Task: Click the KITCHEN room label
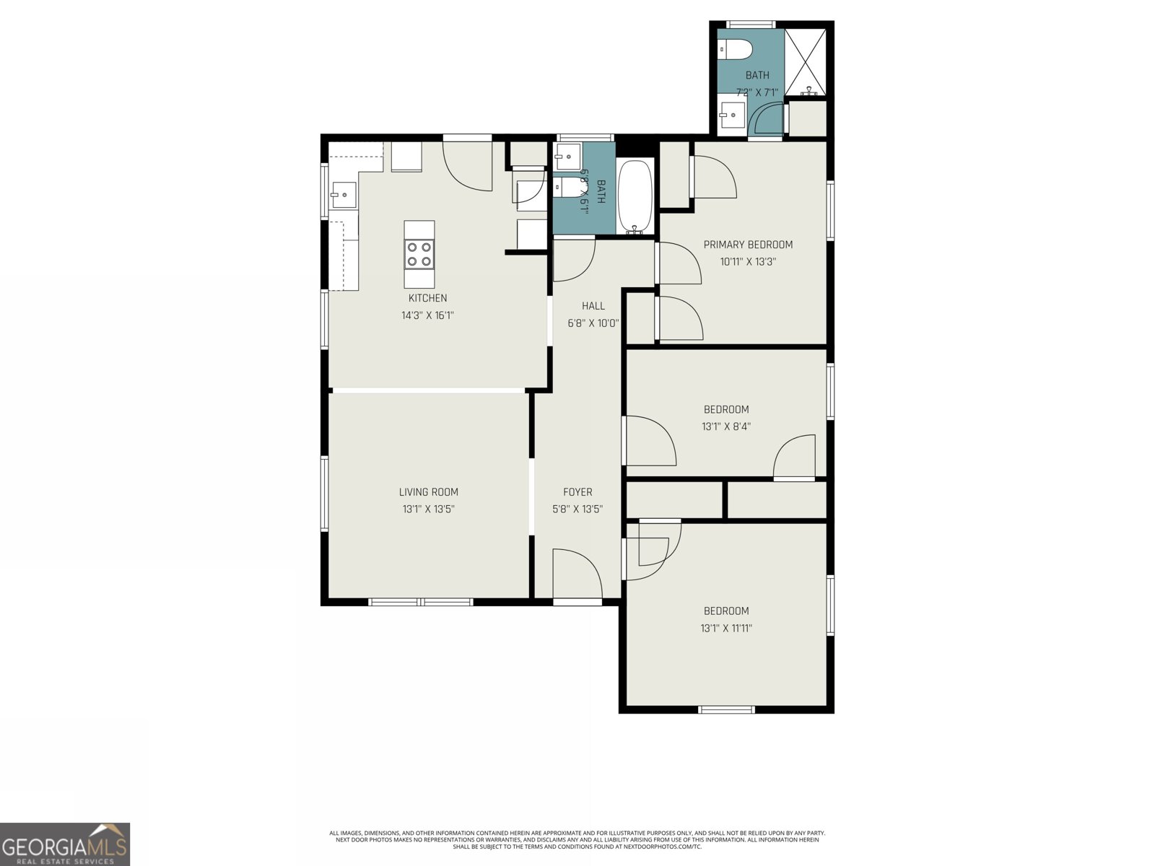tap(427, 298)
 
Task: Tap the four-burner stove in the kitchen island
tap(419, 254)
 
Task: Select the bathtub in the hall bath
tap(635, 196)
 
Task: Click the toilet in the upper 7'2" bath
tap(736, 50)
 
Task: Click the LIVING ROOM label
tap(428, 492)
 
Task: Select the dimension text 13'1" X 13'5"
tap(428, 509)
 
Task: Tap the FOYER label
tap(577, 492)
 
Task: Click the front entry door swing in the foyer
tap(575, 574)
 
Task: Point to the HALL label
tap(593, 306)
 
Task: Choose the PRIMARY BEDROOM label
tap(748, 245)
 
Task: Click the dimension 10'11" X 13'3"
tap(748, 262)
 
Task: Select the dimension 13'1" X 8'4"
tap(726, 427)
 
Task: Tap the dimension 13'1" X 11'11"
tap(726, 628)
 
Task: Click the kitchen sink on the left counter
tap(344, 194)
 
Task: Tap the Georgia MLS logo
tap(65, 844)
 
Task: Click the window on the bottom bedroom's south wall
tap(727, 710)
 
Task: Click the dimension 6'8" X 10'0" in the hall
tap(593, 323)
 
